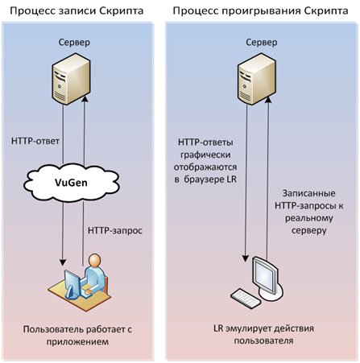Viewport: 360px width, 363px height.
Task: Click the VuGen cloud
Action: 71,183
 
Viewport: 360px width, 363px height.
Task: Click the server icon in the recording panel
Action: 71,79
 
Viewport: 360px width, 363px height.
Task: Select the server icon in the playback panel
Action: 257,79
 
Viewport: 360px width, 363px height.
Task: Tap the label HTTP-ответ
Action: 35,141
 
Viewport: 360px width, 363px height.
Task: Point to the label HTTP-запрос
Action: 115,230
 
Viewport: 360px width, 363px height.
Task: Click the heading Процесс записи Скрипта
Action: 77,11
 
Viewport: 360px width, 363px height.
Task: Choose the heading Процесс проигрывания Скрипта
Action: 260,11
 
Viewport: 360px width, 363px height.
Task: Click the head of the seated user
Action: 95,260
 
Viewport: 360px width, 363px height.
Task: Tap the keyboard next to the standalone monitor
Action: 246,299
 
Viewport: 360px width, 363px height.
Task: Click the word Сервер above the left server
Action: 74,43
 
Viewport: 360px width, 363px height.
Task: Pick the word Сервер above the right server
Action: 262,43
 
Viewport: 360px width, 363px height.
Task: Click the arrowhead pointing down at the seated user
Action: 63,262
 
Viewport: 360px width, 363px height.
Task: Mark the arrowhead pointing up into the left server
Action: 85,99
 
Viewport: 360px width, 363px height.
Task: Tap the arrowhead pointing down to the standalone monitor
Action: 246,258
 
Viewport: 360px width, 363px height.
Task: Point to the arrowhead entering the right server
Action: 267,100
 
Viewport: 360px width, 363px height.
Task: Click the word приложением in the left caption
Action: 77,342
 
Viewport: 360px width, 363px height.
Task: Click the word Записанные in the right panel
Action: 309,193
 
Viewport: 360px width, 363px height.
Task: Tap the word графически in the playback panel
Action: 205,155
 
